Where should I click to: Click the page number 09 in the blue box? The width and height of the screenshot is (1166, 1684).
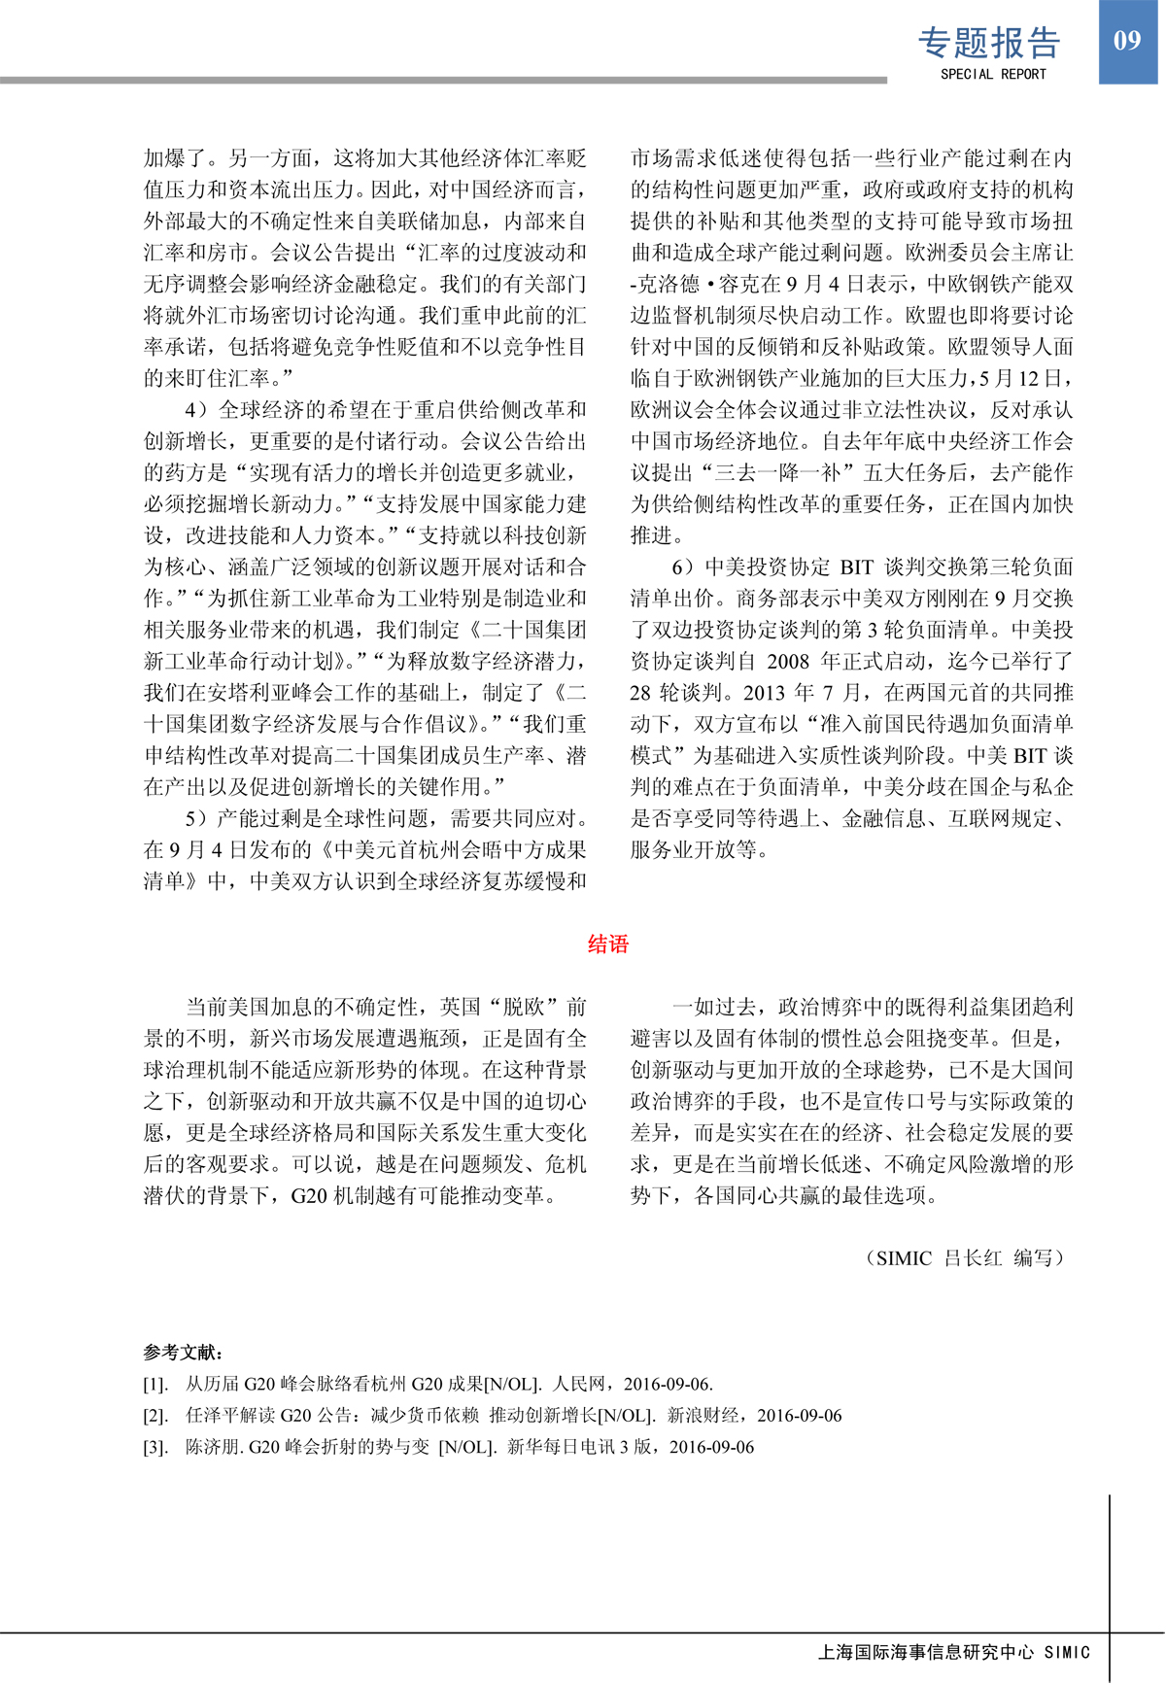1127,40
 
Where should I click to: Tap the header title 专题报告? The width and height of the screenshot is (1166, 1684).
989,43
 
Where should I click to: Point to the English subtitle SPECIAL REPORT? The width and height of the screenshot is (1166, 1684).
993,74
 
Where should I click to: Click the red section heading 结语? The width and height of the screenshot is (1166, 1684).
608,944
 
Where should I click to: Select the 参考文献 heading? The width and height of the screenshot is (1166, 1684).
182,1352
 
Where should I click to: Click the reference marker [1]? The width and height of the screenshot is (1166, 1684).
155,1384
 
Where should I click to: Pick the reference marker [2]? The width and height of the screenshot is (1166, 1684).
155,1416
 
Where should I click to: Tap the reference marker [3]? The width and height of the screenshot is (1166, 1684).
155,1447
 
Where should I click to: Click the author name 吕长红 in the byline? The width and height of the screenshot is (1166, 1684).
973,1257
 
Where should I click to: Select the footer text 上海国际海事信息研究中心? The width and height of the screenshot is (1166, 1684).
926,1652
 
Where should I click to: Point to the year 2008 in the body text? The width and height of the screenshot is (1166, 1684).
788,661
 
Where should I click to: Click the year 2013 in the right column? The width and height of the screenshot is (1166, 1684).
766,693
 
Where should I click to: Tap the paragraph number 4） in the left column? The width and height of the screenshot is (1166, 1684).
196,409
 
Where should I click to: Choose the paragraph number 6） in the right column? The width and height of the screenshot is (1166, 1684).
683,567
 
